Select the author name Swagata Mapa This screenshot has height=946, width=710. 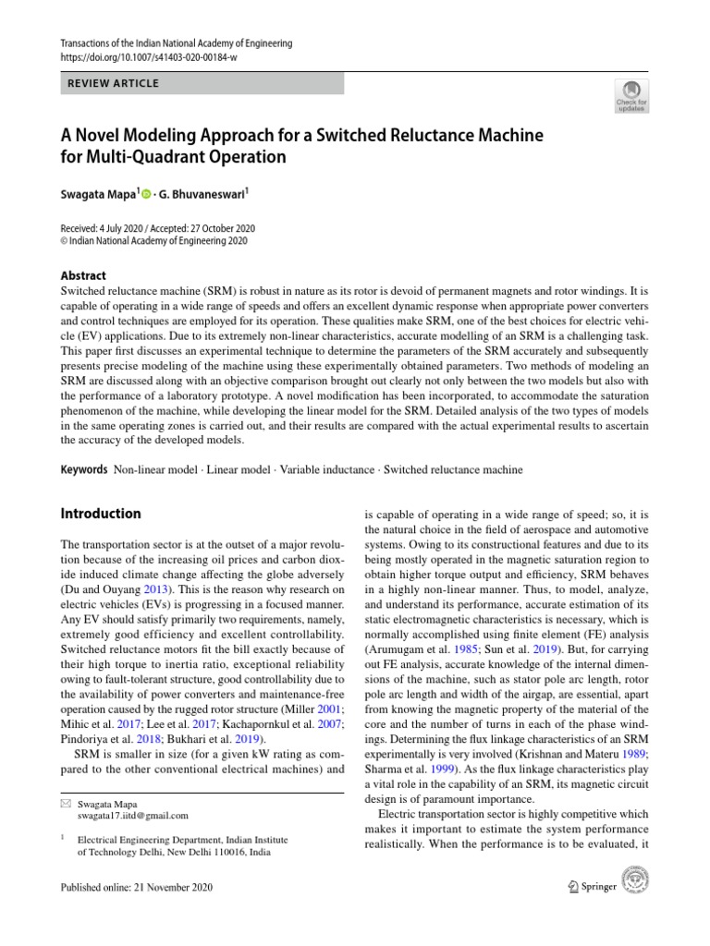coord(96,196)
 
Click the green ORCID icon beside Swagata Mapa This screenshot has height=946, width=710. coord(146,196)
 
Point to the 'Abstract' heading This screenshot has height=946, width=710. coord(83,275)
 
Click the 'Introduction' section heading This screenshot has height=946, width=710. coord(101,513)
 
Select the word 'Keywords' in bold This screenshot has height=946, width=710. coord(84,469)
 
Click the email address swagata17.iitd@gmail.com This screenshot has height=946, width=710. coord(133,816)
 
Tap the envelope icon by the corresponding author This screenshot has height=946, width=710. coord(66,804)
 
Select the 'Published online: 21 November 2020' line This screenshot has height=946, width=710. coord(136,888)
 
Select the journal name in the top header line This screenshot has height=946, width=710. coord(175,43)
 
